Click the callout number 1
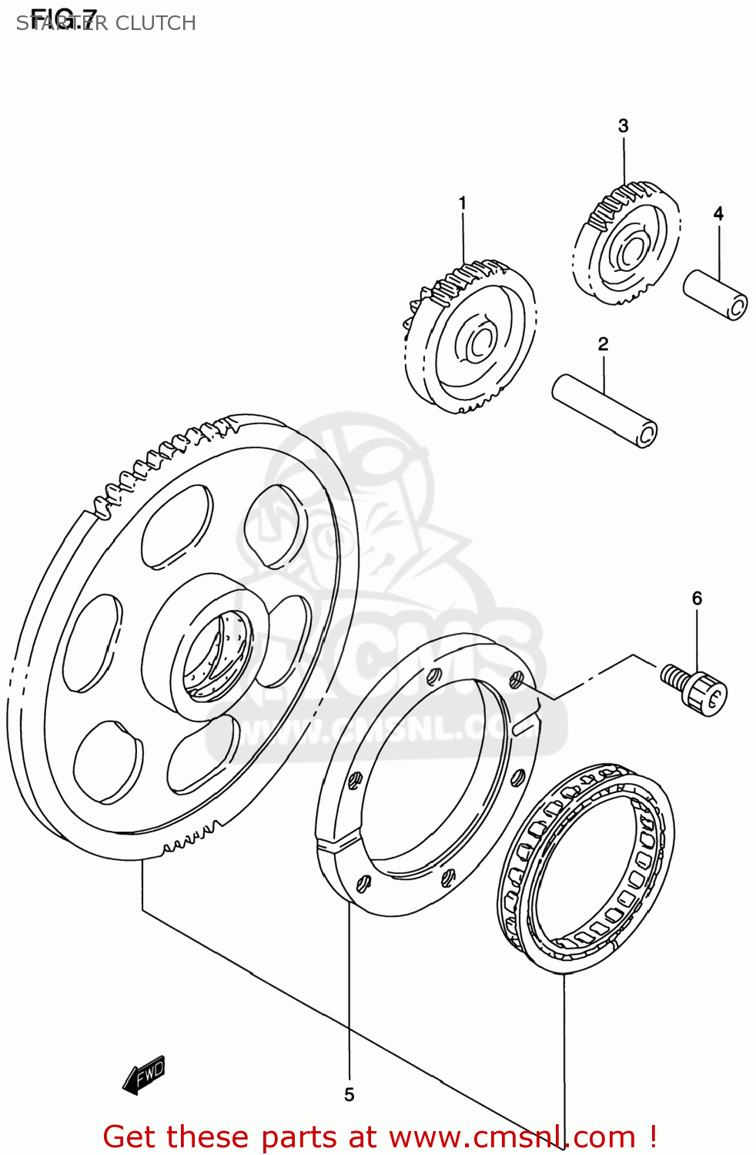click(x=462, y=203)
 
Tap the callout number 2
click(x=603, y=344)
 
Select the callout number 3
click(x=623, y=126)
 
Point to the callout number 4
click(x=718, y=213)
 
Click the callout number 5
click(x=349, y=1094)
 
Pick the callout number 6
click(x=697, y=598)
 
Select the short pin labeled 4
click(x=715, y=294)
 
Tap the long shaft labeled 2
click(x=604, y=410)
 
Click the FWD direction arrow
click(x=144, y=1074)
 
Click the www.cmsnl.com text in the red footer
click(x=512, y=1137)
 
